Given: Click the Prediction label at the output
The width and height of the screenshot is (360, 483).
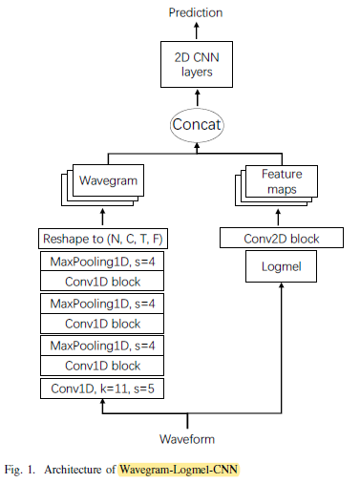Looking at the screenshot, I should (196, 12).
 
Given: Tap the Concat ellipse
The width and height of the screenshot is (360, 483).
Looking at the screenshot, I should (196, 123).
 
